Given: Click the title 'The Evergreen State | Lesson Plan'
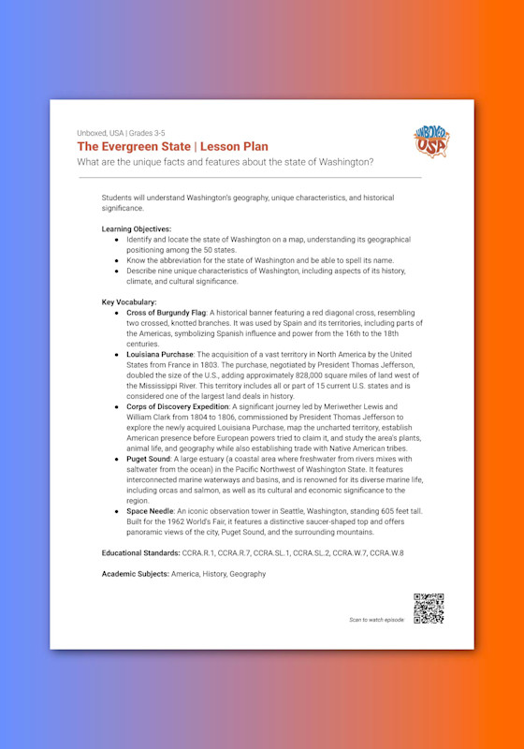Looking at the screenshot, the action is [x=172, y=147].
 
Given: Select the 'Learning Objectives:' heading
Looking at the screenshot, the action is [x=137, y=228].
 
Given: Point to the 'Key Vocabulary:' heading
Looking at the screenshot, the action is [x=131, y=302].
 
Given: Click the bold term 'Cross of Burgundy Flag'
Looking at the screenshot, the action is [x=166, y=313].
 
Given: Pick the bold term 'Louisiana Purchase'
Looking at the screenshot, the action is [x=160, y=356].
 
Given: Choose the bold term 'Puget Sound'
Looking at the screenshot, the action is [x=148, y=461].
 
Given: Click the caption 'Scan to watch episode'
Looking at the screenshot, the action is [x=378, y=620].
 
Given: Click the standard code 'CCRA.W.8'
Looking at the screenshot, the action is [x=386, y=553].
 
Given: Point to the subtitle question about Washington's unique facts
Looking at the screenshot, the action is [x=226, y=162].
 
